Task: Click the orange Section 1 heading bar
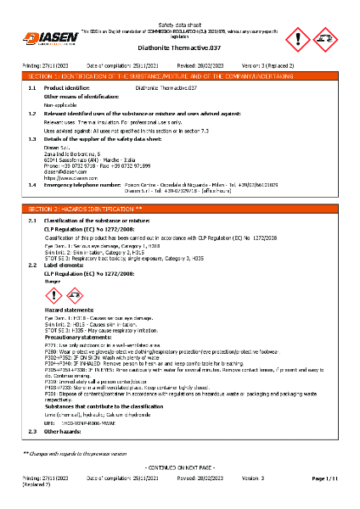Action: tap(179, 76)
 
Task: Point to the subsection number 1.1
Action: tap(32, 87)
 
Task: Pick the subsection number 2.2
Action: tap(32, 265)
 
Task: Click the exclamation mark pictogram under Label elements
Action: tap(53, 295)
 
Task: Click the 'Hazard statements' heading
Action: tap(70, 310)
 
